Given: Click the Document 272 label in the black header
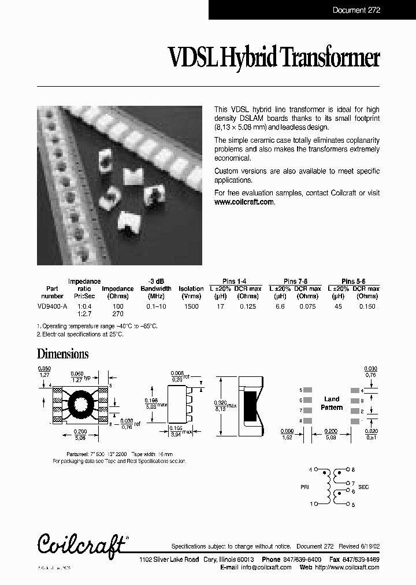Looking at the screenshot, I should click(x=356, y=10).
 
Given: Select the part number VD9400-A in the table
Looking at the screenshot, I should click(x=53, y=306).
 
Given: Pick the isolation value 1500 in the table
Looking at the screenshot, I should click(x=191, y=306).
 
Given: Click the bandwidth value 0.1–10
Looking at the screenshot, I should click(x=156, y=306).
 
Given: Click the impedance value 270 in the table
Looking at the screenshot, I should click(x=117, y=313).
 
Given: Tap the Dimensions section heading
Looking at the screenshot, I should click(x=62, y=354).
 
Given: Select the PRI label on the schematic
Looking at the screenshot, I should click(x=305, y=487).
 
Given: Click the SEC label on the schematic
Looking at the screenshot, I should click(x=363, y=487).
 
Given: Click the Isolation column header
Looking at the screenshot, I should click(x=191, y=288).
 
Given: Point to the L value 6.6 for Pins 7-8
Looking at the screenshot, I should click(x=280, y=306).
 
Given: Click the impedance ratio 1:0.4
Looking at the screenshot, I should click(x=84, y=306).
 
